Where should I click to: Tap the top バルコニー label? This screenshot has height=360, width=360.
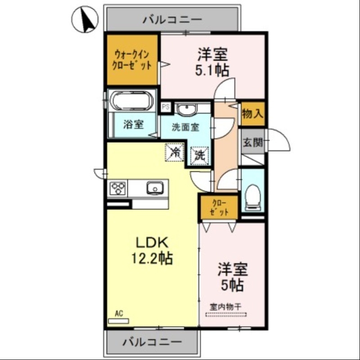pyautogui.click(x=173, y=19)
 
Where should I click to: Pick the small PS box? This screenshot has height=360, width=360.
pyautogui.click(x=165, y=107)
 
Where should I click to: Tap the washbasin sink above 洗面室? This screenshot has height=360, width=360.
pyautogui.click(x=185, y=109)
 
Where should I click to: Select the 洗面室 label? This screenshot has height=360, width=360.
pyautogui.click(x=184, y=127)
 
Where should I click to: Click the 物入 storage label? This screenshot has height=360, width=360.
pyautogui.click(x=252, y=113)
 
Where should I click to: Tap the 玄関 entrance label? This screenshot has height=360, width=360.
pyautogui.click(x=252, y=143)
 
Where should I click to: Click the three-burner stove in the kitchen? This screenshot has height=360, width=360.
pyautogui.click(x=118, y=187)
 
